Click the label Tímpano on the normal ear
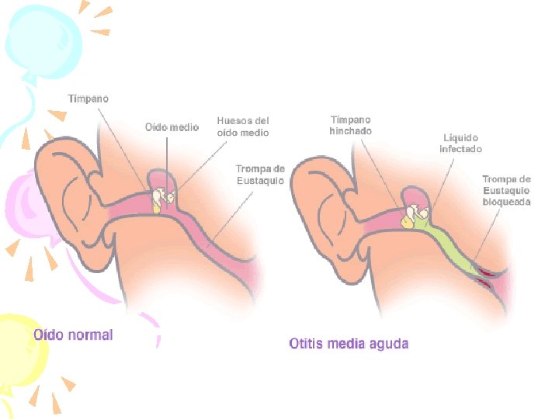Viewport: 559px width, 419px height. click(x=88, y=99)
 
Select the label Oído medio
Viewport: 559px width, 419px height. click(x=172, y=126)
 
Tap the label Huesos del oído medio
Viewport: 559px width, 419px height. click(x=243, y=126)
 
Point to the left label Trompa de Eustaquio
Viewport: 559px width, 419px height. click(x=260, y=175)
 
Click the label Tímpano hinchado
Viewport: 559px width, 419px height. click(x=350, y=126)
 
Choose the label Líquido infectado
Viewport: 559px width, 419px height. click(x=460, y=143)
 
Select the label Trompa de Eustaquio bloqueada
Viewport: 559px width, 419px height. click(x=506, y=190)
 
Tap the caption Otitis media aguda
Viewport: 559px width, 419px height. click(x=349, y=343)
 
